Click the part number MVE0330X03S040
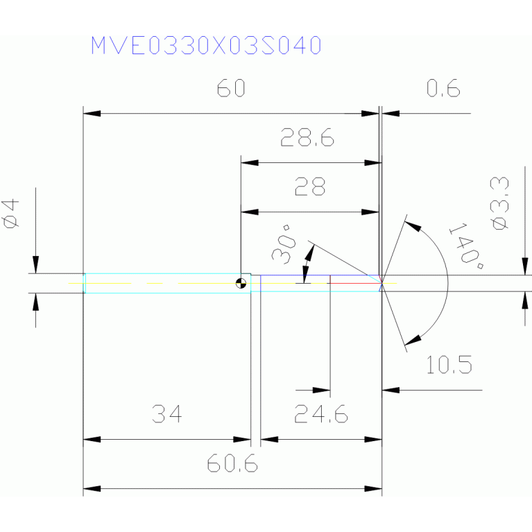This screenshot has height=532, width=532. pyautogui.click(x=206, y=45)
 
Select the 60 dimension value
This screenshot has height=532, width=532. pyautogui.click(x=231, y=88)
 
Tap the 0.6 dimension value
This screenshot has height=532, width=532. pyautogui.click(x=443, y=88)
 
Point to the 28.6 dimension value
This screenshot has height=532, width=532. pyautogui.click(x=307, y=137)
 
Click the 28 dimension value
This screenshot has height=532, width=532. pyautogui.click(x=310, y=187)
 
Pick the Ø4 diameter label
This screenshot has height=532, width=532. pyautogui.click(x=10, y=214)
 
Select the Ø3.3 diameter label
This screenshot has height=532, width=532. pyautogui.click(x=500, y=203)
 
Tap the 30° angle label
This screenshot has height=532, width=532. pyautogui.click(x=284, y=244)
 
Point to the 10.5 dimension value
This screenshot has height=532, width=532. pyautogui.click(x=449, y=365)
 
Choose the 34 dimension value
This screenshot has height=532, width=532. pyautogui.click(x=166, y=414)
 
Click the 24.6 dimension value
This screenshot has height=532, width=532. pyautogui.click(x=321, y=414)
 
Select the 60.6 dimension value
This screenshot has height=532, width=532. pyautogui.click(x=232, y=463)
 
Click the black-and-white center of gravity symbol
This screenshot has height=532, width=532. pyautogui.click(x=241, y=283)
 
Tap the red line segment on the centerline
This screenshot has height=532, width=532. pyautogui.click(x=354, y=283)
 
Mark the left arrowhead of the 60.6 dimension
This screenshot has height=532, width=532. pyautogui.click(x=92, y=489)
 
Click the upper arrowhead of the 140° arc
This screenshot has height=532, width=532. pyautogui.click(x=413, y=226)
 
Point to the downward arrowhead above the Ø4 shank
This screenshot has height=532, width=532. pyautogui.click(x=35, y=265)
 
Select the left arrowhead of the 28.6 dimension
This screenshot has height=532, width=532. pyautogui.click(x=250, y=163)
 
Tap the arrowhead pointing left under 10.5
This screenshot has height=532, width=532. pyautogui.click(x=391, y=391)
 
